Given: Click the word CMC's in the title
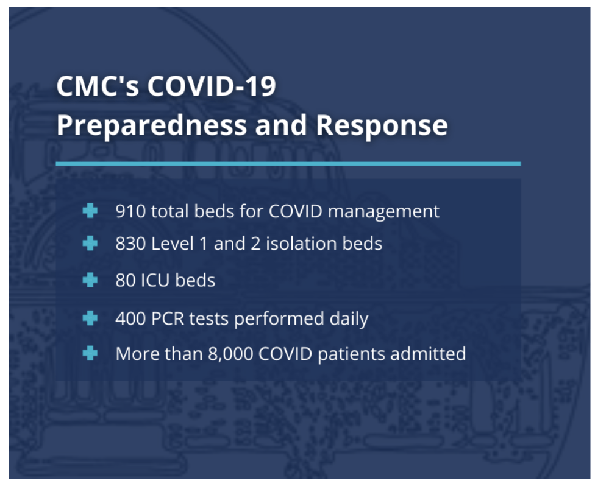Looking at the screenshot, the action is click(98, 86).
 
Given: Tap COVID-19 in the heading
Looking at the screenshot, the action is click(212, 86).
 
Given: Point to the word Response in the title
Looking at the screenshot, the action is click(382, 125).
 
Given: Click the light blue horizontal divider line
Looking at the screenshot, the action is click(288, 164).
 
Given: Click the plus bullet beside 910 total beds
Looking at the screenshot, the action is click(90, 211).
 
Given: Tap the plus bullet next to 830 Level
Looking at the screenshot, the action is click(90, 243).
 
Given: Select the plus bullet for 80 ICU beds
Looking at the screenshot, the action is click(90, 280).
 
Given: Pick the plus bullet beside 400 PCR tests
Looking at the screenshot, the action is click(90, 318).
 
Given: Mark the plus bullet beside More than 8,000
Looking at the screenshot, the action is click(90, 353).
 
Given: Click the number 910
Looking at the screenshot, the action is click(130, 211).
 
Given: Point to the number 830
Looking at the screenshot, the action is click(130, 244).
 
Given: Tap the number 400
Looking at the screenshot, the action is click(130, 318).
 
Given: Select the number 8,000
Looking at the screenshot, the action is click(230, 354).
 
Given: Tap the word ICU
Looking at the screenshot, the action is click(155, 281).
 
